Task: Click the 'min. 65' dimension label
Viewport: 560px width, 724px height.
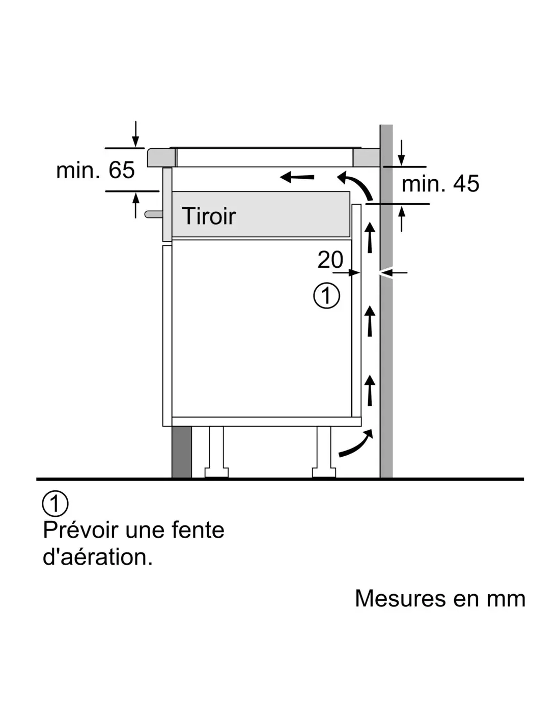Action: tap(95, 170)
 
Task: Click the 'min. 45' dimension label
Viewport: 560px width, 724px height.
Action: tap(440, 184)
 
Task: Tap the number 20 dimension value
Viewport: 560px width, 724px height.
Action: tap(330, 260)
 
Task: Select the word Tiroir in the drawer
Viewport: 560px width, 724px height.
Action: tap(209, 216)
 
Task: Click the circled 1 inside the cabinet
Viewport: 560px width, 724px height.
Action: tap(326, 296)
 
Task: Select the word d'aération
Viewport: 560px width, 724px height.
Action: tap(98, 557)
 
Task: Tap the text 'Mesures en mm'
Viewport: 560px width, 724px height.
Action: tap(440, 598)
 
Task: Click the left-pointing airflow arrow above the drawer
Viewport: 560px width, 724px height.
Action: tap(297, 177)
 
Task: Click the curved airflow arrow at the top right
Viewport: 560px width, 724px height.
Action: tap(356, 185)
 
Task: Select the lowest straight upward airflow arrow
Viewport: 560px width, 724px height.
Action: tap(370, 390)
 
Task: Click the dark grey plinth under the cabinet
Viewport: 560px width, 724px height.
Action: tap(182, 452)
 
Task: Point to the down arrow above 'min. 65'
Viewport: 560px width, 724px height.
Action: tap(135, 133)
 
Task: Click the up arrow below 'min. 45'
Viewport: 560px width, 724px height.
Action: tap(402, 218)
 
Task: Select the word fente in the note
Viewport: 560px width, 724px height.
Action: tap(198, 530)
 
